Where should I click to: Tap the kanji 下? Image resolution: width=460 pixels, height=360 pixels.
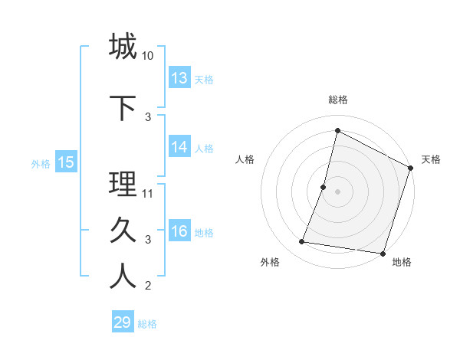(x=123, y=108)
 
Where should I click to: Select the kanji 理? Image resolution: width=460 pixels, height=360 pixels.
(x=123, y=184)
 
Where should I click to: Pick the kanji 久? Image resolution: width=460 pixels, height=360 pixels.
(x=123, y=231)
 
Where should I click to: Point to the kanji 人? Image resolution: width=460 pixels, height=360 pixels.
(x=123, y=277)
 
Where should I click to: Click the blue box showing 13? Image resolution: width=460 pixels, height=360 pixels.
(x=179, y=78)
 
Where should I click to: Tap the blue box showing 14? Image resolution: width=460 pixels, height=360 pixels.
(x=179, y=148)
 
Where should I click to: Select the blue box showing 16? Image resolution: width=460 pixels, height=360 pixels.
(x=179, y=232)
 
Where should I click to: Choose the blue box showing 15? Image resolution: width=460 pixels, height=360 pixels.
(x=66, y=162)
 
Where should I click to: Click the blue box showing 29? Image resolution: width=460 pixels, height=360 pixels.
(x=123, y=322)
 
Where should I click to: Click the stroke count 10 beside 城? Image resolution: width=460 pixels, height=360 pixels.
(x=148, y=57)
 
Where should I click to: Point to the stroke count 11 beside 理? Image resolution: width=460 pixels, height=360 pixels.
(x=148, y=193)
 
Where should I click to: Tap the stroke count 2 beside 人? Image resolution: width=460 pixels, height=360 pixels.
(x=148, y=286)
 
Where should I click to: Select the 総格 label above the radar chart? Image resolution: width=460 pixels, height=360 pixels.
(x=338, y=100)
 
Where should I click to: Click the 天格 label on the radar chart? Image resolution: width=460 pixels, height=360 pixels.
(x=431, y=159)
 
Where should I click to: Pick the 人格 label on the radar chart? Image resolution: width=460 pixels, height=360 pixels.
(x=245, y=159)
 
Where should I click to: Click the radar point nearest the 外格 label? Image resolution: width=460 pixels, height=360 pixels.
(x=302, y=242)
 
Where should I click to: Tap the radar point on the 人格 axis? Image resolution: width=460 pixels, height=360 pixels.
(x=324, y=187)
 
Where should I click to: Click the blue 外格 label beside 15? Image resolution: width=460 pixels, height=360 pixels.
(x=41, y=162)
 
